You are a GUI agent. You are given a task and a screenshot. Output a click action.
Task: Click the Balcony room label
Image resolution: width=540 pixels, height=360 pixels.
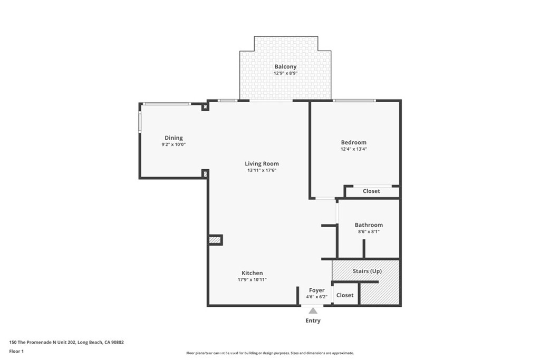click(285, 67)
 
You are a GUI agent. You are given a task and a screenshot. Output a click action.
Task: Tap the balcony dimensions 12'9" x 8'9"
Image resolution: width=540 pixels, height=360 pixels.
click(285, 73)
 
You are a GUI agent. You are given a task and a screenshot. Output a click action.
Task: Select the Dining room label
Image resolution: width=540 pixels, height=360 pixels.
click(173, 138)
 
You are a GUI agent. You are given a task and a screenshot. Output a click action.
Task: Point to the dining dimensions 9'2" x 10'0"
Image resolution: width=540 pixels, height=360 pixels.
click(173, 144)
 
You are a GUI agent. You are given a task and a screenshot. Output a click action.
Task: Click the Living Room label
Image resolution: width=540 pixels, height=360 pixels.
click(262, 164)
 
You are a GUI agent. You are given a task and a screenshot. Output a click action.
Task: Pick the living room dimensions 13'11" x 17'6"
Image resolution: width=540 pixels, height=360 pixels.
click(262, 170)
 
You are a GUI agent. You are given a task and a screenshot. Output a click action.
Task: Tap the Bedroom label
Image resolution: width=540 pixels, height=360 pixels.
click(353, 142)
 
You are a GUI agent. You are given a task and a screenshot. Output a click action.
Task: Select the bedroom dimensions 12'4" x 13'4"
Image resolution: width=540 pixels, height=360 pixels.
click(353, 149)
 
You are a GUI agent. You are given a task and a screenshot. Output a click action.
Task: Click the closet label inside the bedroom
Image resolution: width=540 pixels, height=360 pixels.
click(371, 191)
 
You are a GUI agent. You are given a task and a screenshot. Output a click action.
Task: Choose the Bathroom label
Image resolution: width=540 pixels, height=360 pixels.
click(369, 225)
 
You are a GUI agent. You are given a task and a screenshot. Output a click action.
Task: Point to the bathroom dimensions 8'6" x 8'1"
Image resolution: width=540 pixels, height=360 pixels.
click(369, 231)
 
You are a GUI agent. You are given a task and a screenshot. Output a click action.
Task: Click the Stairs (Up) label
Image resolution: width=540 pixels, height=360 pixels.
click(367, 271)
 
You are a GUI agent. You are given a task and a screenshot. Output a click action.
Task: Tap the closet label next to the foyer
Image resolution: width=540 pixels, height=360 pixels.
click(345, 295)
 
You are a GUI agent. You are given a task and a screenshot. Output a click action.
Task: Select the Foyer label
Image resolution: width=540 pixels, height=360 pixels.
click(317, 290)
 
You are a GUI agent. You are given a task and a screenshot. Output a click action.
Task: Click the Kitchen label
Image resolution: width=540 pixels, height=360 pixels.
click(252, 273)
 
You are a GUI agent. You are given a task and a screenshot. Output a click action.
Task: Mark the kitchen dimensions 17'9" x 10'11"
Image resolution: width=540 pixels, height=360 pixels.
click(252, 279)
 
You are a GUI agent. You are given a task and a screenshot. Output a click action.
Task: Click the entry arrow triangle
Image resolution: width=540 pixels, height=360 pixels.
click(313, 311)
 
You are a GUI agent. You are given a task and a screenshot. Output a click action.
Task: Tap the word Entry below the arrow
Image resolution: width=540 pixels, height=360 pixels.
click(313, 320)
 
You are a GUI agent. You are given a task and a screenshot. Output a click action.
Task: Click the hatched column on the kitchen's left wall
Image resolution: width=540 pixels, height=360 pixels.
click(215, 240)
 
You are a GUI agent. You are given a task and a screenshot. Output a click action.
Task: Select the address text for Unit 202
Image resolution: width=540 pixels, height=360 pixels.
click(66, 342)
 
